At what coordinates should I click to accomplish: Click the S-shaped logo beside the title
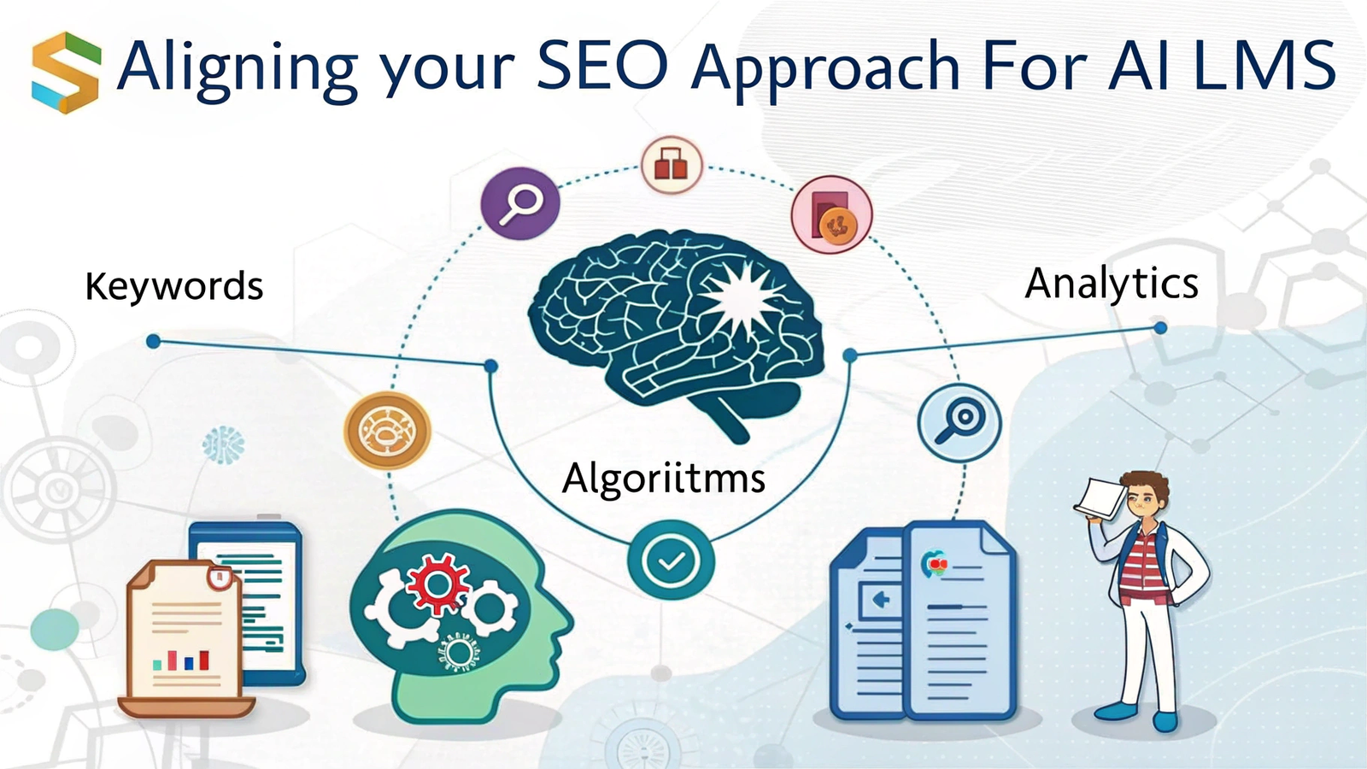[x=66, y=73]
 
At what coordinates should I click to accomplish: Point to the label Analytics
[x=1112, y=284]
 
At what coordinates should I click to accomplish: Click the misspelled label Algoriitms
[x=663, y=478]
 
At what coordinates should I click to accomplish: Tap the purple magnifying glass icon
[x=520, y=203]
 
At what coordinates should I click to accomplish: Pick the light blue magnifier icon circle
[x=959, y=422]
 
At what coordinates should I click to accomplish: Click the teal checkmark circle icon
[x=671, y=561]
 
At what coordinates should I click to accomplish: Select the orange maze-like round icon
[x=388, y=431]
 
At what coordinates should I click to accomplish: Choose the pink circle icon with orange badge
[x=831, y=214]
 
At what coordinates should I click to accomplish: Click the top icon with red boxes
[x=672, y=165]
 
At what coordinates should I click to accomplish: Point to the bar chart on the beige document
[x=181, y=660]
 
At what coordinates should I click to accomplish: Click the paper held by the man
[x=1100, y=499]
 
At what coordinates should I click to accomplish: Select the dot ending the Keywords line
[x=153, y=341]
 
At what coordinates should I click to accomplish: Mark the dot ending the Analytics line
[x=1160, y=328]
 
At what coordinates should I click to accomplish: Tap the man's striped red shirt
[x=1142, y=566]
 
